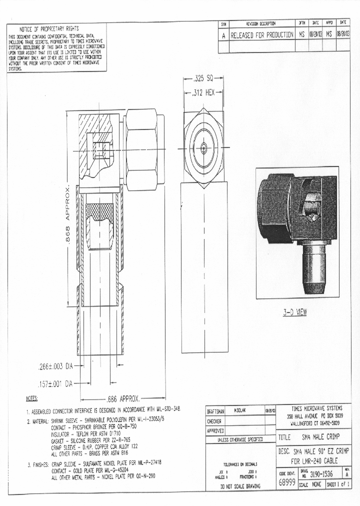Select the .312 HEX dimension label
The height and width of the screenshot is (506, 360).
tap(203, 92)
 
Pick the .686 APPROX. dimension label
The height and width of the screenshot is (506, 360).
tap(122, 399)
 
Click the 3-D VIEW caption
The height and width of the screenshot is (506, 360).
tap(295, 312)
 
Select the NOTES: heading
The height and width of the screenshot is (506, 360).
tap(31, 398)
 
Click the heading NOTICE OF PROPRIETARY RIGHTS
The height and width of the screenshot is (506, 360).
tap(49, 28)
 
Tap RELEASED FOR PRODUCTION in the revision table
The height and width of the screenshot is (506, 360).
tap(262, 35)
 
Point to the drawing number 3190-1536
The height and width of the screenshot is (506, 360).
tap(321, 473)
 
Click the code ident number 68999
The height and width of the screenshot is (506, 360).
tap(286, 483)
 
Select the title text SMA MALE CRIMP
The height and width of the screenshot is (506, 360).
tap(320, 436)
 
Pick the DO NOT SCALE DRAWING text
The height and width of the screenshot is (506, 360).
tap(240, 486)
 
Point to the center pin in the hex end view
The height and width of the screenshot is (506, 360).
tap(203, 147)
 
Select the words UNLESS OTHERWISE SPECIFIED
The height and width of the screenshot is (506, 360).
tap(240, 440)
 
